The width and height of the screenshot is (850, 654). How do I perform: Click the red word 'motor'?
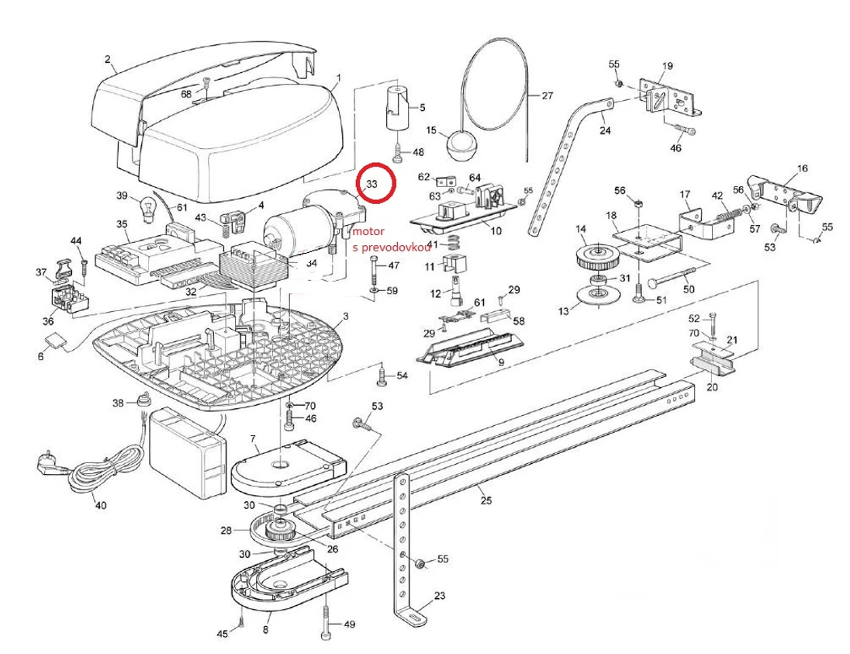coord(367,231)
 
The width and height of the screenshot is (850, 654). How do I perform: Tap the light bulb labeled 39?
coord(147,208)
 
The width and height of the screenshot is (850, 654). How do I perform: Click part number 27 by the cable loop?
coord(547,96)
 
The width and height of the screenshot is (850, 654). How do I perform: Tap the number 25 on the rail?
coord(485,500)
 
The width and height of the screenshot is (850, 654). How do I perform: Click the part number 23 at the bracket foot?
coord(440,597)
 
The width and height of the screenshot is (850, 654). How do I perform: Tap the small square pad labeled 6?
coord(55,339)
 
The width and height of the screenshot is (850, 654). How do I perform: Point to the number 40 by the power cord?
coord(100,505)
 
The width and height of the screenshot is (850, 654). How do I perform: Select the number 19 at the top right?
coord(667,66)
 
